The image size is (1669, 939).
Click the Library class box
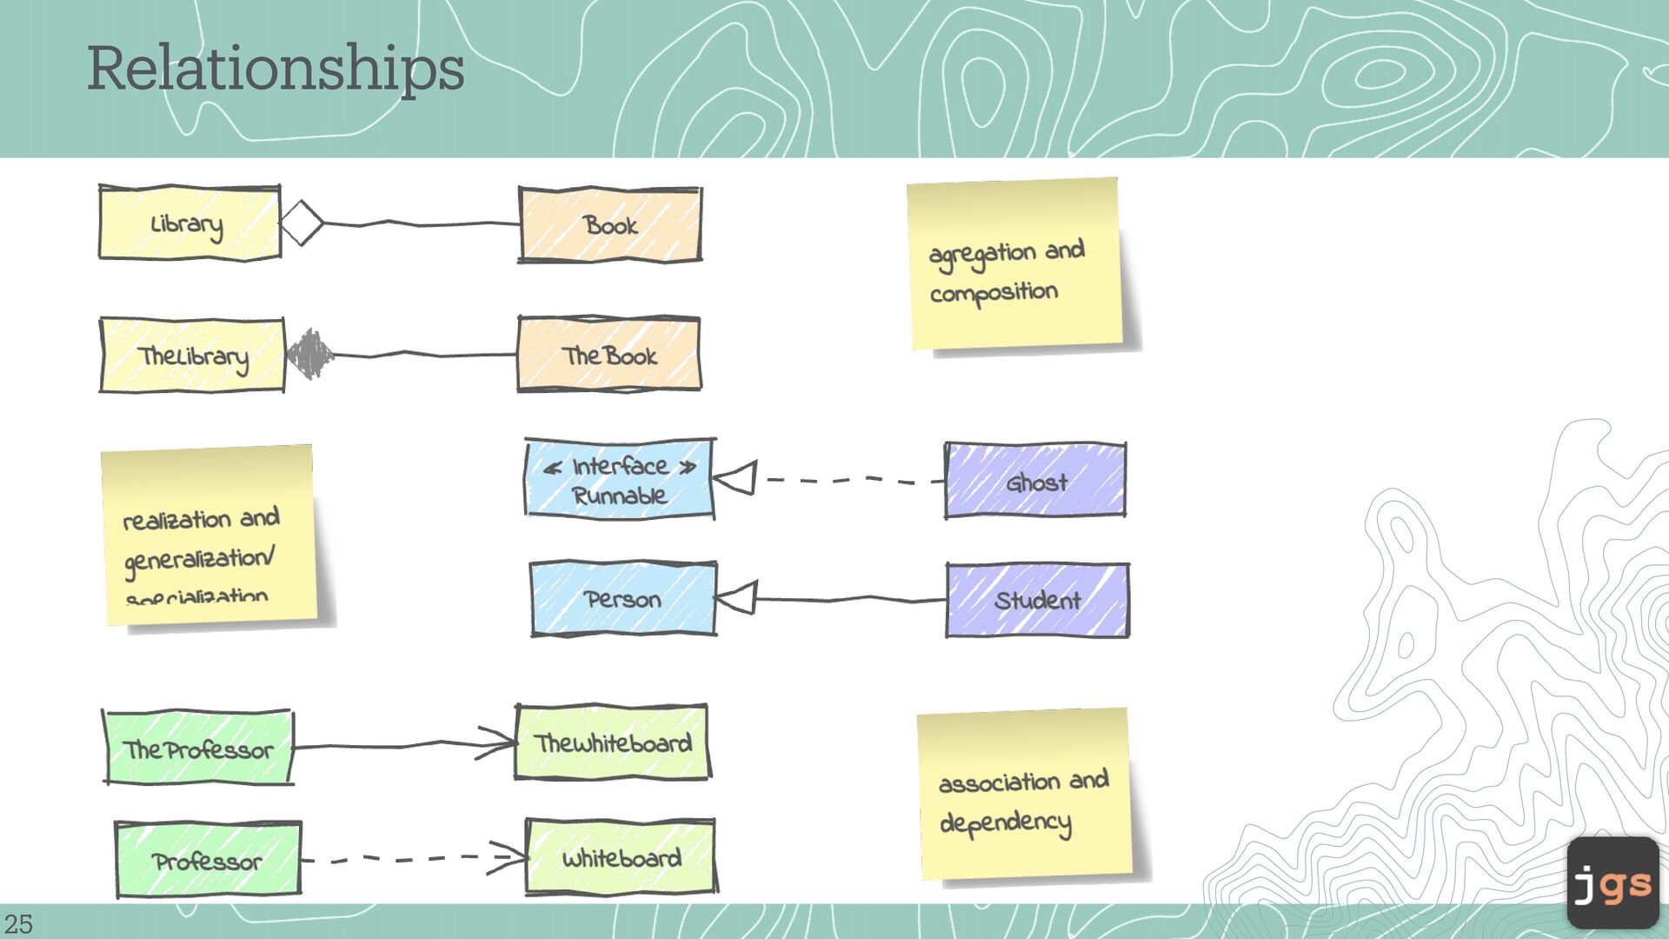tap(190, 223)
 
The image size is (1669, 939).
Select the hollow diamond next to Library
tap(302, 223)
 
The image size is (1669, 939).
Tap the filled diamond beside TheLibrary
tap(309, 354)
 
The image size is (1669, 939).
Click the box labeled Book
tap(610, 224)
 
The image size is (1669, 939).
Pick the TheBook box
tap(608, 355)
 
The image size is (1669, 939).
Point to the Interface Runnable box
tap(619, 480)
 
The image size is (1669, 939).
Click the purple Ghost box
tap(1035, 481)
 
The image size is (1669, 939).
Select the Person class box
tap(623, 599)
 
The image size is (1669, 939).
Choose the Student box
tap(1037, 600)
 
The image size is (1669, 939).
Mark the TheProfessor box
tap(198, 748)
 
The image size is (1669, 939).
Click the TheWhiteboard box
tap(612, 743)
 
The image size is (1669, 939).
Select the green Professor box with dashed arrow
tap(209, 860)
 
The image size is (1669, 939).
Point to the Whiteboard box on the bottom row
tap(621, 857)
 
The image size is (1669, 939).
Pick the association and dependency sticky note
tap(1025, 795)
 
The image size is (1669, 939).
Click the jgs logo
tap(1612, 882)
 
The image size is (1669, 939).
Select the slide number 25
tap(18, 923)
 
